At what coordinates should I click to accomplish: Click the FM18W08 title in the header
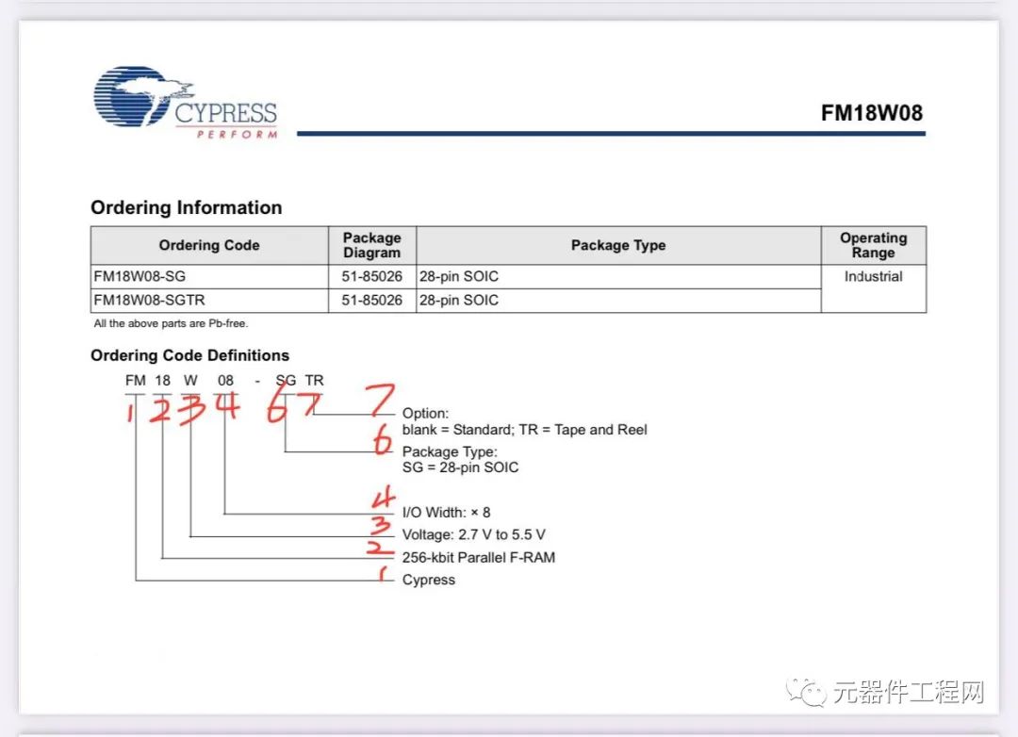tap(871, 113)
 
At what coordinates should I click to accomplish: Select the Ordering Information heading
tap(186, 207)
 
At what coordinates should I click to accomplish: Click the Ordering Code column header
tap(208, 245)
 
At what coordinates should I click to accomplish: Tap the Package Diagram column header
tap(371, 245)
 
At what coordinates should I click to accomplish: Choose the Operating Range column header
tap(873, 245)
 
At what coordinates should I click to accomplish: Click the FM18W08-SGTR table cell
tap(149, 300)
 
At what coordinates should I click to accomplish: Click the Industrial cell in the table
tap(873, 276)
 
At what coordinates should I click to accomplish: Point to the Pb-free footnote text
tap(171, 323)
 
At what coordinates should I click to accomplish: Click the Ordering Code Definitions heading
tap(189, 355)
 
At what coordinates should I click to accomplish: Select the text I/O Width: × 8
tap(446, 512)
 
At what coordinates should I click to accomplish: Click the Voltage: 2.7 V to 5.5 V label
tap(473, 534)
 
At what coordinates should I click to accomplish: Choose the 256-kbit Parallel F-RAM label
tap(478, 557)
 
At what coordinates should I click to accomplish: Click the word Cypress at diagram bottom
tap(428, 580)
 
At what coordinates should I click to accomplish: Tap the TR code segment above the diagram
tap(314, 380)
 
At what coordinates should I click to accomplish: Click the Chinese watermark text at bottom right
tap(908, 693)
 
